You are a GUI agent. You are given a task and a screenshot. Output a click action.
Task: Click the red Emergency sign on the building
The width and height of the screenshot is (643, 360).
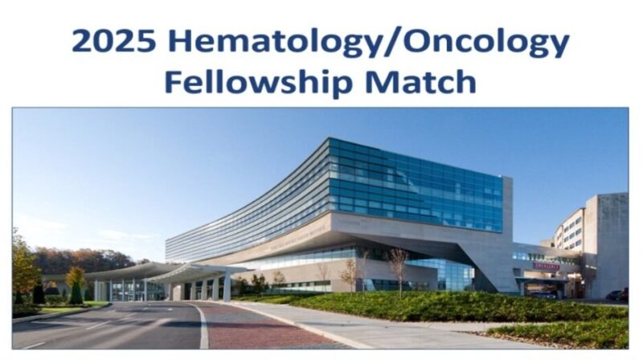(x=546, y=265)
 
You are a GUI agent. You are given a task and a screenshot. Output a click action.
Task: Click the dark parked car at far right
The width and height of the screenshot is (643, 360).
(x=616, y=295)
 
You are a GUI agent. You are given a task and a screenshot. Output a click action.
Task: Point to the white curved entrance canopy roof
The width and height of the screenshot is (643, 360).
(x=161, y=272)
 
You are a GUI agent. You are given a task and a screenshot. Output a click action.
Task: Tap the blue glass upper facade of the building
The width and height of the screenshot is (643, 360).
(x=418, y=185)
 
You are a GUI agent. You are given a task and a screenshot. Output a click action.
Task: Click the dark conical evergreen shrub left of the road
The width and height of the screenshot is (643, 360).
(x=38, y=293)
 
